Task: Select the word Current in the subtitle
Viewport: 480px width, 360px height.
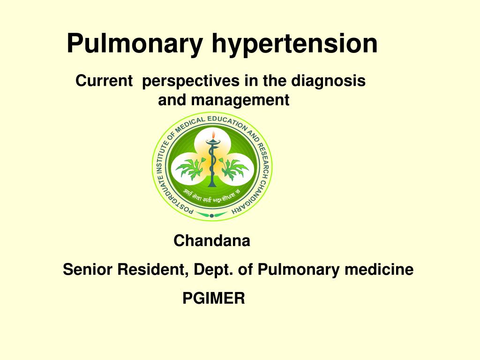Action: click(104, 81)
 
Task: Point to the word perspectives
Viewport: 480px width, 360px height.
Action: click(191, 81)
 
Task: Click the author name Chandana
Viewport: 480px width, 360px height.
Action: click(212, 241)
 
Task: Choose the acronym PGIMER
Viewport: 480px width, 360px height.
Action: click(214, 298)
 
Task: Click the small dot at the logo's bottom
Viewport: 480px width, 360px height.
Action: click(212, 216)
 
